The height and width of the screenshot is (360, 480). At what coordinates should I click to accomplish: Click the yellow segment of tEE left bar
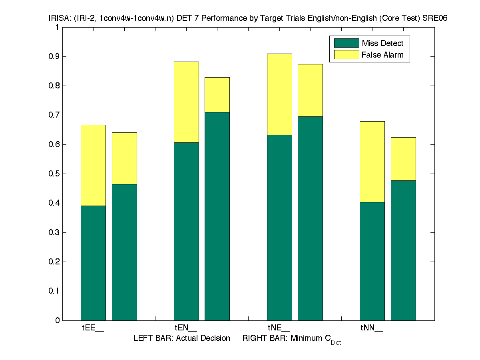click(x=93, y=165)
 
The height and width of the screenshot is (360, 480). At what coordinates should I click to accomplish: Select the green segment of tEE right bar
click(x=124, y=252)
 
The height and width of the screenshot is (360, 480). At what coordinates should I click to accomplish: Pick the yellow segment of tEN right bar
click(x=217, y=94)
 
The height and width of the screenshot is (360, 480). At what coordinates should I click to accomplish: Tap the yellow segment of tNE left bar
click(x=279, y=94)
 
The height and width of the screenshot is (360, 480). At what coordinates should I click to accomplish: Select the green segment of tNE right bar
click(x=310, y=218)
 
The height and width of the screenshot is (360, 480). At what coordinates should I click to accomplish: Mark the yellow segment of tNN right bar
click(x=403, y=159)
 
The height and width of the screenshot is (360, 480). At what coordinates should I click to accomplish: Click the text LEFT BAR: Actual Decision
click(x=182, y=338)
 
